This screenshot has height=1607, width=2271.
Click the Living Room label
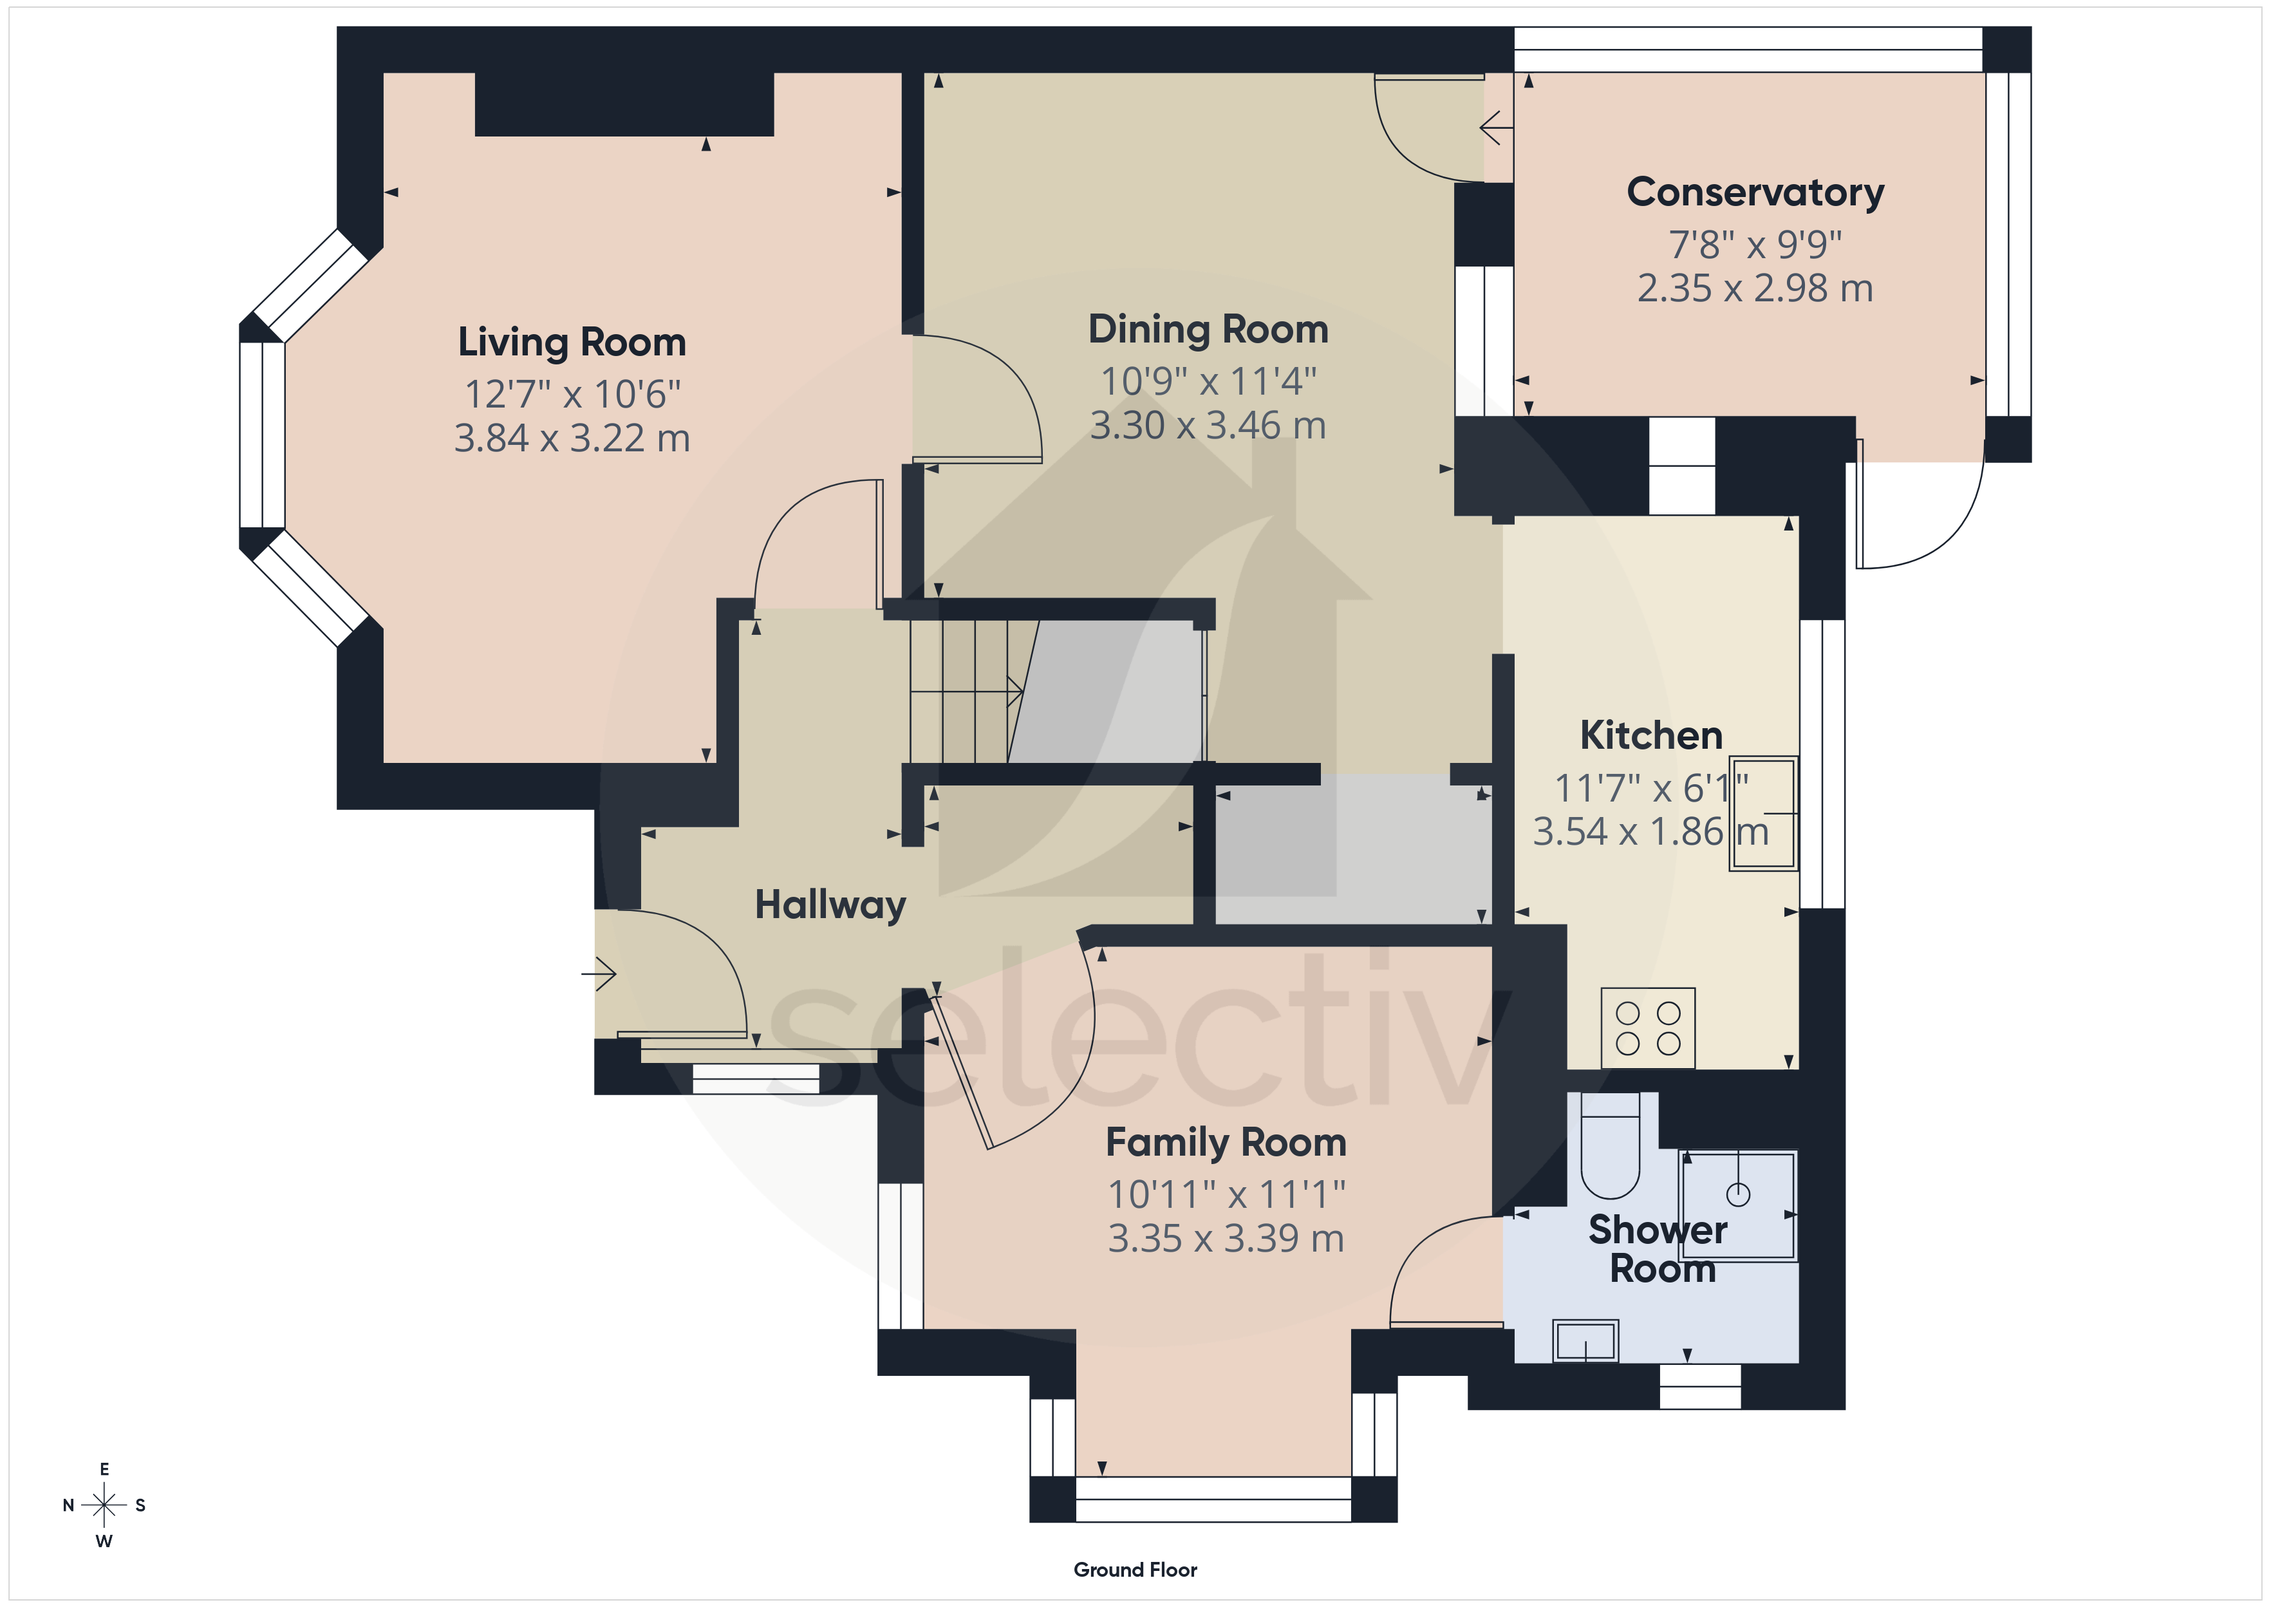(572, 343)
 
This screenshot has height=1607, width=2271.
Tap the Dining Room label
(1208, 330)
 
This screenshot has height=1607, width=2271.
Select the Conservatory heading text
(1755, 192)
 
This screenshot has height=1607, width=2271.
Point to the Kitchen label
(1651, 735)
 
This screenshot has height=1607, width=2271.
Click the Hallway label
(830, 905)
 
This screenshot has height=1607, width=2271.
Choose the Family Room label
(1226, 1143)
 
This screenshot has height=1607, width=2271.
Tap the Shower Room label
(1659, 1249)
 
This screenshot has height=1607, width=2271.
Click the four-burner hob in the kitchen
(1648, 1028)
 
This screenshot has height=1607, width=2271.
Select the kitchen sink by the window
(1764, 813)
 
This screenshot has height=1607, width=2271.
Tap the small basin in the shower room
(1585, 1341)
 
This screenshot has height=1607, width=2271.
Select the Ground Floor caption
(1135, 1570)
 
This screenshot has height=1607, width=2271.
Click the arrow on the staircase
(966, 691)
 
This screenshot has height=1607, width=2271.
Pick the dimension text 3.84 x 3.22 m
(572, 437)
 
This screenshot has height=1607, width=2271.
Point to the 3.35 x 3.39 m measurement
(1226, 1238)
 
